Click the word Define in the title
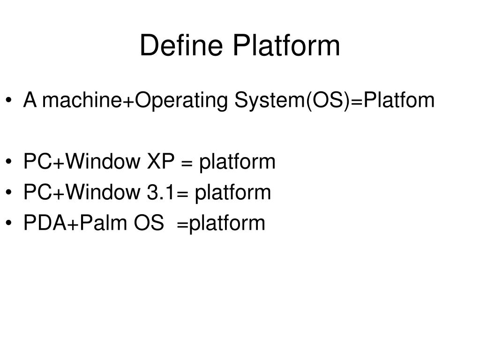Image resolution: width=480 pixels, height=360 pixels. point(181,46)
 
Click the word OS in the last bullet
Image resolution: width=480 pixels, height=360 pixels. point(149,223)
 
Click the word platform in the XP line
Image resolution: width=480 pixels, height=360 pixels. point(237,162)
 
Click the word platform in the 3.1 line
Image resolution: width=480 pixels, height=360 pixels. point(233,192)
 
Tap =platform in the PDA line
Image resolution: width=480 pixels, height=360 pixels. point(221,223)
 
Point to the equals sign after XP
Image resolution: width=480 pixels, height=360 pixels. point(187,162)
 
